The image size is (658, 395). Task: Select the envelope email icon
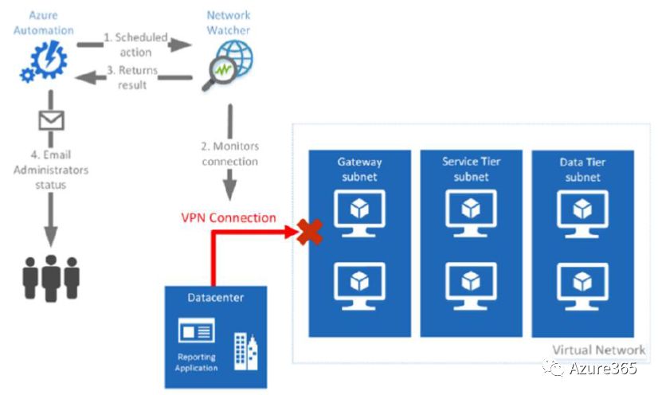51,119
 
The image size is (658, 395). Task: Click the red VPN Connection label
229,217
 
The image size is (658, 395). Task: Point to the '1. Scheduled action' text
136,45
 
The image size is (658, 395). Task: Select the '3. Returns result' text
136,77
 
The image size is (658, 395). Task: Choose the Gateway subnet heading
359,169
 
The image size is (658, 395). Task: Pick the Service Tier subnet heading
471,169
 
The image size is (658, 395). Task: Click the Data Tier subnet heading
582,169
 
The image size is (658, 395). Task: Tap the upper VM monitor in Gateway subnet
359,211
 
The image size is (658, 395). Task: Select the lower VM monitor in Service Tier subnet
471,283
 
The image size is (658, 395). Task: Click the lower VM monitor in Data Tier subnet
582,283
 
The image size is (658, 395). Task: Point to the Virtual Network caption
598,350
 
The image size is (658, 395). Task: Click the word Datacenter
215,298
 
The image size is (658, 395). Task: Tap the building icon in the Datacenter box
245,351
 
